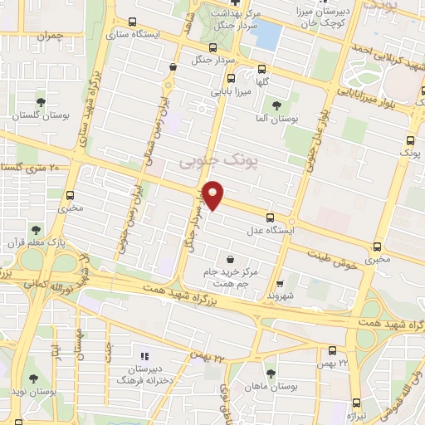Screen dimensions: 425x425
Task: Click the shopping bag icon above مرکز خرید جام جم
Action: coord(230,260)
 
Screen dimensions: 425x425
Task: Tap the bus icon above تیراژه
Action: coord(357,398)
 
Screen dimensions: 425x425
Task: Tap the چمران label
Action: coord(50,36)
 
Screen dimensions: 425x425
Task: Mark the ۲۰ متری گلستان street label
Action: coord(33,169)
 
